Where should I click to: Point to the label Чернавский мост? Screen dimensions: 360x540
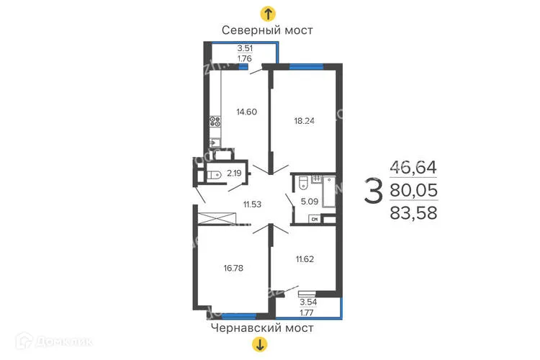262,328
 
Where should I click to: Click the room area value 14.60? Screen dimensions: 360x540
247,112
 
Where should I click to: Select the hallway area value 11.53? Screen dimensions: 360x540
252,204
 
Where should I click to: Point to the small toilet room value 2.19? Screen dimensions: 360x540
234,173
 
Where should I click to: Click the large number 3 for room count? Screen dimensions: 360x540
373,191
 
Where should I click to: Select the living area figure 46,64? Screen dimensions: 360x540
413,167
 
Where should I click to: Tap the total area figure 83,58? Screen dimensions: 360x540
413,212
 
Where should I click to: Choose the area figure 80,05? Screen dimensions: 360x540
413,190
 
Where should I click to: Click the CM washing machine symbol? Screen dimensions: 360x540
314,220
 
